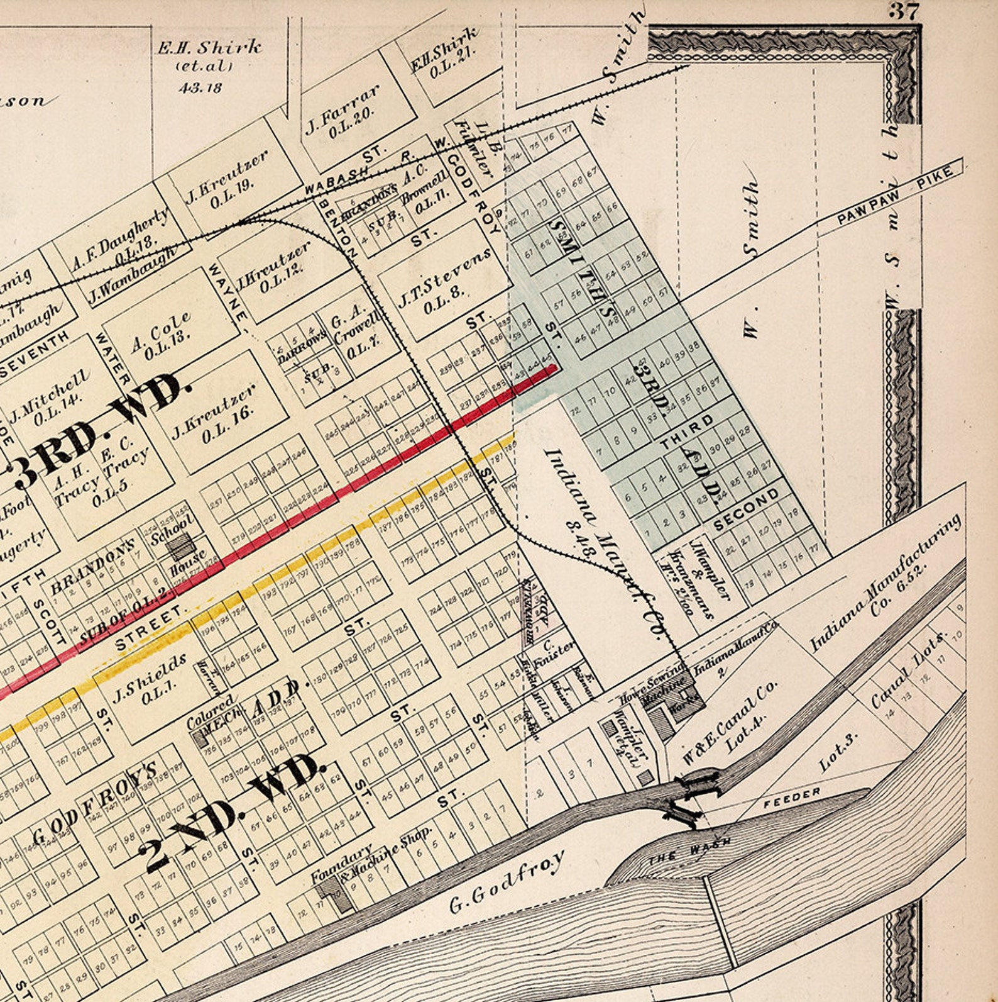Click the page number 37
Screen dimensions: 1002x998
click(904, 11)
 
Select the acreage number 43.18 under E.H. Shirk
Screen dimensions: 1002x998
click(200, 87)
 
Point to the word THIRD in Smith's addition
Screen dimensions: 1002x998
click(687, 431)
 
